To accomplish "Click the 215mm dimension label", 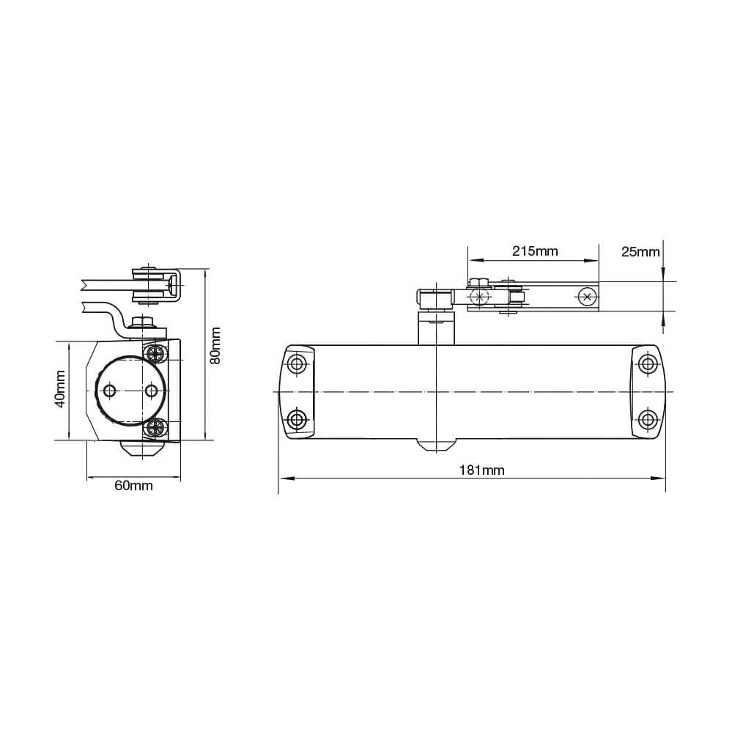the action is (x=534, y=251).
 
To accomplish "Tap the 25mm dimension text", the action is (x=640, y=252).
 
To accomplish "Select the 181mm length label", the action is (x=482, y=470).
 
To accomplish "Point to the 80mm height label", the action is (x=215, y=346).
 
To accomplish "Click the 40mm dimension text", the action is (x=60, y=389).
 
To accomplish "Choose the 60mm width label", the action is (x=133, y=486).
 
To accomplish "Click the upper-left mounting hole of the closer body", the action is (x=297, y=363).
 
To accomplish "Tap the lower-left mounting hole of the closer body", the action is (x=297, y=418).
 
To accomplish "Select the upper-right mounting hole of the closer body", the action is (x=648, y=363).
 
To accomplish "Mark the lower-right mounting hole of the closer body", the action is (x=648, y=419).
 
